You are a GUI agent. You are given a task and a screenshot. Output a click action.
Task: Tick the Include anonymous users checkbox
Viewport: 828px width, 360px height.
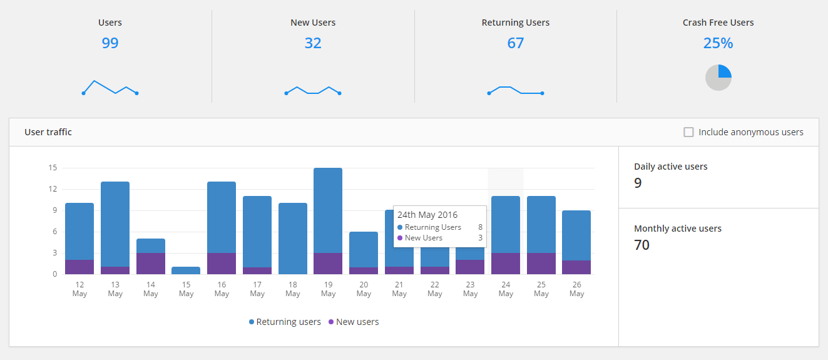(x=688, y=132)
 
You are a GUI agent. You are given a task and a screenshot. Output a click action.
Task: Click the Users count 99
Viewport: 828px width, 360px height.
(x=110, y=43)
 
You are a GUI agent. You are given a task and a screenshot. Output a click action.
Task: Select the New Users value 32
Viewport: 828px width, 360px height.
(x=313, y=43)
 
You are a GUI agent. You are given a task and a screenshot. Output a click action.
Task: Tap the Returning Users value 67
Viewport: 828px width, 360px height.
(x=515, y=43)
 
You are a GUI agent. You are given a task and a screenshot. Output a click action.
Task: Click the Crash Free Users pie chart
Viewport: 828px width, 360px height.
(x=718, y=78)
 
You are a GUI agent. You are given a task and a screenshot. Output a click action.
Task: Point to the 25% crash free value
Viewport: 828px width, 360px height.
(x=718, y=43)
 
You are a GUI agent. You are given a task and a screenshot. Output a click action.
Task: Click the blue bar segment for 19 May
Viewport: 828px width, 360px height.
(x=328, y=210)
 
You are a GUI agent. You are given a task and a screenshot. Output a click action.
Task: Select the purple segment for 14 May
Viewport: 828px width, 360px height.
(x=151, y=264)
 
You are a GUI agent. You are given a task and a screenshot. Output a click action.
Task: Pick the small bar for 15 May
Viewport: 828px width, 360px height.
(x=186, y=270)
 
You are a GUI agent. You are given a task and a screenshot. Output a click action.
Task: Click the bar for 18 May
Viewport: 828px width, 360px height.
(x=293, y=238)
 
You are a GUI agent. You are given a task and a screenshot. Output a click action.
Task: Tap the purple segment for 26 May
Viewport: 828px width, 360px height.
(x=576, y=267)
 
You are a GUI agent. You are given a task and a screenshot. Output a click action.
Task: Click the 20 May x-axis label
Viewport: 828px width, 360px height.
(x=364, y=289)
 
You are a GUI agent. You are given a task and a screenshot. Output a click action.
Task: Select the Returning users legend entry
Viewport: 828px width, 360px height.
(x=285, y=322)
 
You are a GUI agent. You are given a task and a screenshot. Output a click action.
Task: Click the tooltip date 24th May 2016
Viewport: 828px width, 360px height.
(x=427, y=215)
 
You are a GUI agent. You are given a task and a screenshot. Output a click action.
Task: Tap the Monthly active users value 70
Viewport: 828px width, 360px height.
(x=641, y=245)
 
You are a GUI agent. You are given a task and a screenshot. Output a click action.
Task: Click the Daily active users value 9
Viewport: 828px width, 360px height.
(x=638, y=183)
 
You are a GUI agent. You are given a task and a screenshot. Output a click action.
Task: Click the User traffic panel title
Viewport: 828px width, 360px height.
(x=48, y=132)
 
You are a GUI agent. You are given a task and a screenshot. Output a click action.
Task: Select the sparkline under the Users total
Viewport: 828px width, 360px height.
(x=110, y=88)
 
